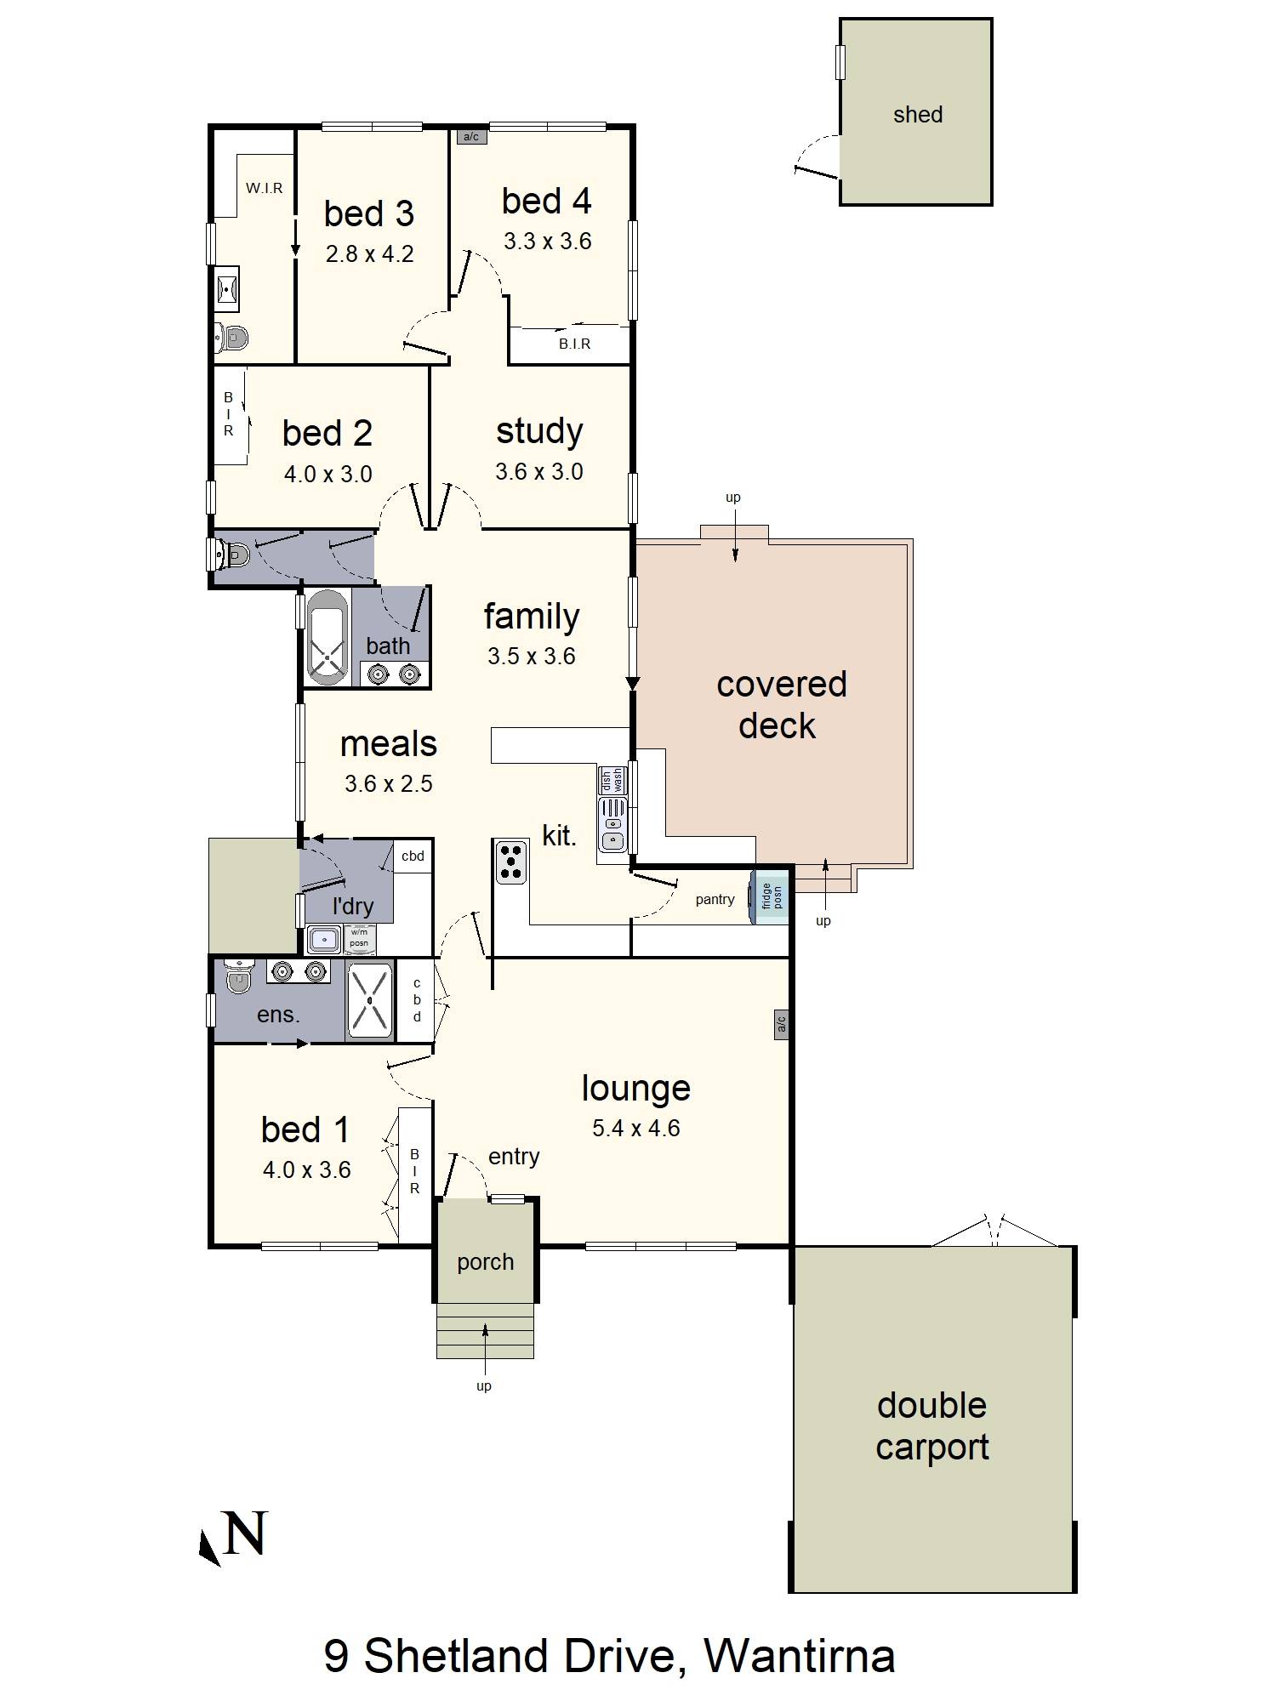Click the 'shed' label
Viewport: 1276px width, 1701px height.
tap(918, 115)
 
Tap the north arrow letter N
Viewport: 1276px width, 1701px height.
tap(245, 1533)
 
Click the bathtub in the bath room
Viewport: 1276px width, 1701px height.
tap(327, 637)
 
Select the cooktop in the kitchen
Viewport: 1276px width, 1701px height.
tap(510, 862)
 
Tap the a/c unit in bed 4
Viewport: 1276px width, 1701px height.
tap(471, 136)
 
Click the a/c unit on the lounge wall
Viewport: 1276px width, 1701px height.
tap(781, 1025)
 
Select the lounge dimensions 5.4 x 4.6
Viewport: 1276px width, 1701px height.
tap(636, 1128)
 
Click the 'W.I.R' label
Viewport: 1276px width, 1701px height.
tap(265, 188)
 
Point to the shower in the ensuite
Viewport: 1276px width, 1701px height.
tap(370, 1000)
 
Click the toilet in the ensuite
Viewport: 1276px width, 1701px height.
tap(239, 976)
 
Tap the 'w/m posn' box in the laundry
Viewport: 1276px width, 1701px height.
tap(359, 938)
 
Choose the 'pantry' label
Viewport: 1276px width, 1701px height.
tap(715, 900)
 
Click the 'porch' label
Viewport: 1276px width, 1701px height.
tap(485, 1262)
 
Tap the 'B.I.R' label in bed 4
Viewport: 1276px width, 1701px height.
tap(574, 344)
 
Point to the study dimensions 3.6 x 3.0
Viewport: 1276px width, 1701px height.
tap(539, 471)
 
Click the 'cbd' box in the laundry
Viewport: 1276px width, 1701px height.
tap(413, 856)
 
